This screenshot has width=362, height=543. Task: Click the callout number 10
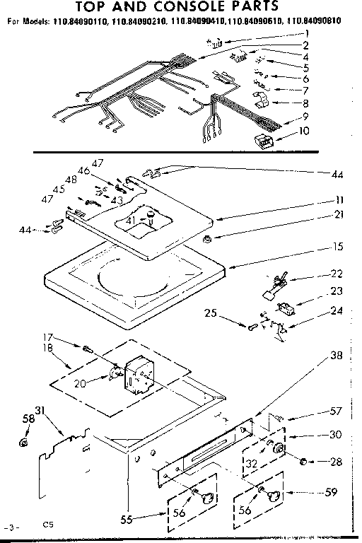(x=305, y=130)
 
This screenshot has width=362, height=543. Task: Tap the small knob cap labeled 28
(x=304, y=462)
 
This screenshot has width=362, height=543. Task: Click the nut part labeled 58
(x=23, y=444)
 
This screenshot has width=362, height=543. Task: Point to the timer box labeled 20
(x=138, y=373)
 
